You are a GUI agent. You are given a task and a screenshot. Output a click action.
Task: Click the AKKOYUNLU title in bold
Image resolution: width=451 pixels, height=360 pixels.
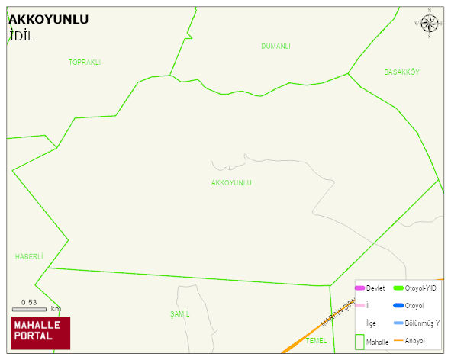48,19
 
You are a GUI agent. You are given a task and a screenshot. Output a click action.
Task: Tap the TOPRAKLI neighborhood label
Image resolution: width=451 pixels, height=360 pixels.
85,63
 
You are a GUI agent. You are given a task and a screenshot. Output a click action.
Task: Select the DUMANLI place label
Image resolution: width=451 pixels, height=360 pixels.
275,47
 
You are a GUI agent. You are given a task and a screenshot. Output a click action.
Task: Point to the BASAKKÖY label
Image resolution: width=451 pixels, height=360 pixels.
401,72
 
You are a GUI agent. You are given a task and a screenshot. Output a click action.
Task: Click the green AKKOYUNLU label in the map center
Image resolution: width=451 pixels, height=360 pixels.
231,183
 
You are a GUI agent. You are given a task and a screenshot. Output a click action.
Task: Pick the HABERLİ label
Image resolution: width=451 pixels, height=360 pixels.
29,257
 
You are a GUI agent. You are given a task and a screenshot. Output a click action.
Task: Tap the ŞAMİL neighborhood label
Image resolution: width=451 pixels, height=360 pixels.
180,314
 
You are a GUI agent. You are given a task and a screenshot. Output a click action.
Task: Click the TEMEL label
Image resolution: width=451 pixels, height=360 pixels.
316,340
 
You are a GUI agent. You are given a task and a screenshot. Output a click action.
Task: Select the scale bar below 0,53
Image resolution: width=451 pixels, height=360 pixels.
29,310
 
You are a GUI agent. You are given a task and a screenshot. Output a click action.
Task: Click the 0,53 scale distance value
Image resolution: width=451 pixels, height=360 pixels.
29,302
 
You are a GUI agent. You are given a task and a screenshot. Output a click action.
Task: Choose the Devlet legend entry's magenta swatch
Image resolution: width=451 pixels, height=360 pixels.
360,288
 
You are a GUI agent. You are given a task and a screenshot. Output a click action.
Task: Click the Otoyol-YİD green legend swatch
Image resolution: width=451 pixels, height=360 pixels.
398,288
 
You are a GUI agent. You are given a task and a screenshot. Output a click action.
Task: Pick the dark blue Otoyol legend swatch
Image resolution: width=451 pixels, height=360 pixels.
398,306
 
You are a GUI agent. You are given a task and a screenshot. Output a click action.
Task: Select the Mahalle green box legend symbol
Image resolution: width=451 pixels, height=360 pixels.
360,342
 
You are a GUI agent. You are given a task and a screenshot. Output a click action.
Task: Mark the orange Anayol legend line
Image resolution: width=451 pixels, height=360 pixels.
398,340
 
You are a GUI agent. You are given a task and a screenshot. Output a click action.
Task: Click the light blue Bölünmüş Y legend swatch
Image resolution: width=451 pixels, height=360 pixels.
398,323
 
